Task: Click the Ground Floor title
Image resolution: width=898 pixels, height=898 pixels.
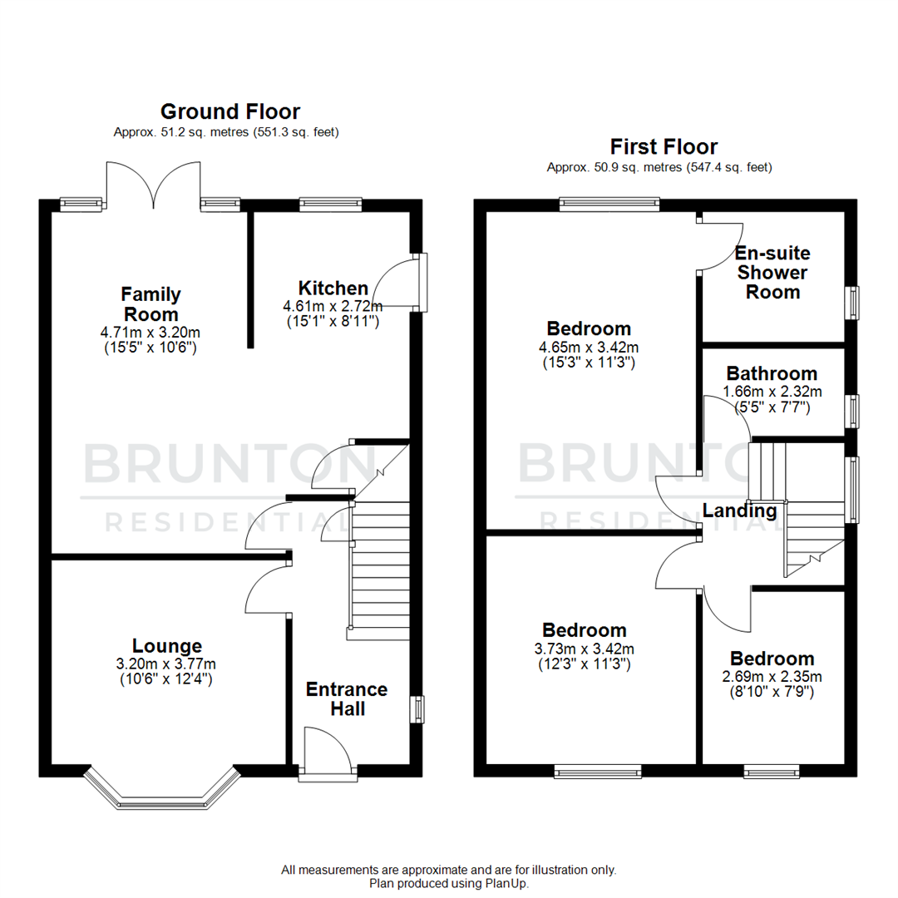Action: tap(229, 111)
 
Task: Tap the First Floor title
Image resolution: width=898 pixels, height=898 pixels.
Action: tap(664, 147)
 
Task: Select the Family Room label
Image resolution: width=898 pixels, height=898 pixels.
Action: tap(150, 304)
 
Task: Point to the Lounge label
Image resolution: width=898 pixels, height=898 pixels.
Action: tap(166, 645)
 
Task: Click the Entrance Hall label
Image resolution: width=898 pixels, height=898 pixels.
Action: tap(347, 698)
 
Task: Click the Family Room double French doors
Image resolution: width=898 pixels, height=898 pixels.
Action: tap(154, 185)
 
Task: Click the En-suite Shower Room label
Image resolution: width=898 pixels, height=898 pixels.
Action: tap(772, 272)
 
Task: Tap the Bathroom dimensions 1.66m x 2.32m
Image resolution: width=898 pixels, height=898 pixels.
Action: tap(771, 392)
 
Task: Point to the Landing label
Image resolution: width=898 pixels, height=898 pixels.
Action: tap(739, 511)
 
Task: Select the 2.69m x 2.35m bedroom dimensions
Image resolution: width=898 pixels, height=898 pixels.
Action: tap(772, 677)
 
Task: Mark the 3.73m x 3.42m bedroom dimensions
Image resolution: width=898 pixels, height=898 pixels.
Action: tap(584, 649)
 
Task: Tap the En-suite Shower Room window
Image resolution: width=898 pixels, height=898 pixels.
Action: tap(852, 302)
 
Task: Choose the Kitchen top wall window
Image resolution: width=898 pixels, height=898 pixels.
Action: tap(330, 201)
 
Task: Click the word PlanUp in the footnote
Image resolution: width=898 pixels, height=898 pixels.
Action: tap(506, 883)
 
